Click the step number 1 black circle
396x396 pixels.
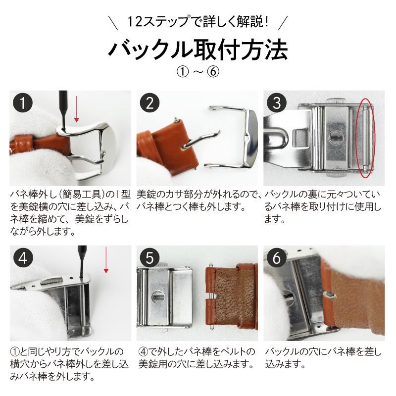[23, 103]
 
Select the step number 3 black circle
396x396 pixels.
[277, 103]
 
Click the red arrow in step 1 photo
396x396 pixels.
[76, 111]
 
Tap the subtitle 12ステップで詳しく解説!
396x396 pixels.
[198, 22]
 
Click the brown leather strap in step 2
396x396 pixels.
[163, 144]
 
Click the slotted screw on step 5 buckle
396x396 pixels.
[158, 297]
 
